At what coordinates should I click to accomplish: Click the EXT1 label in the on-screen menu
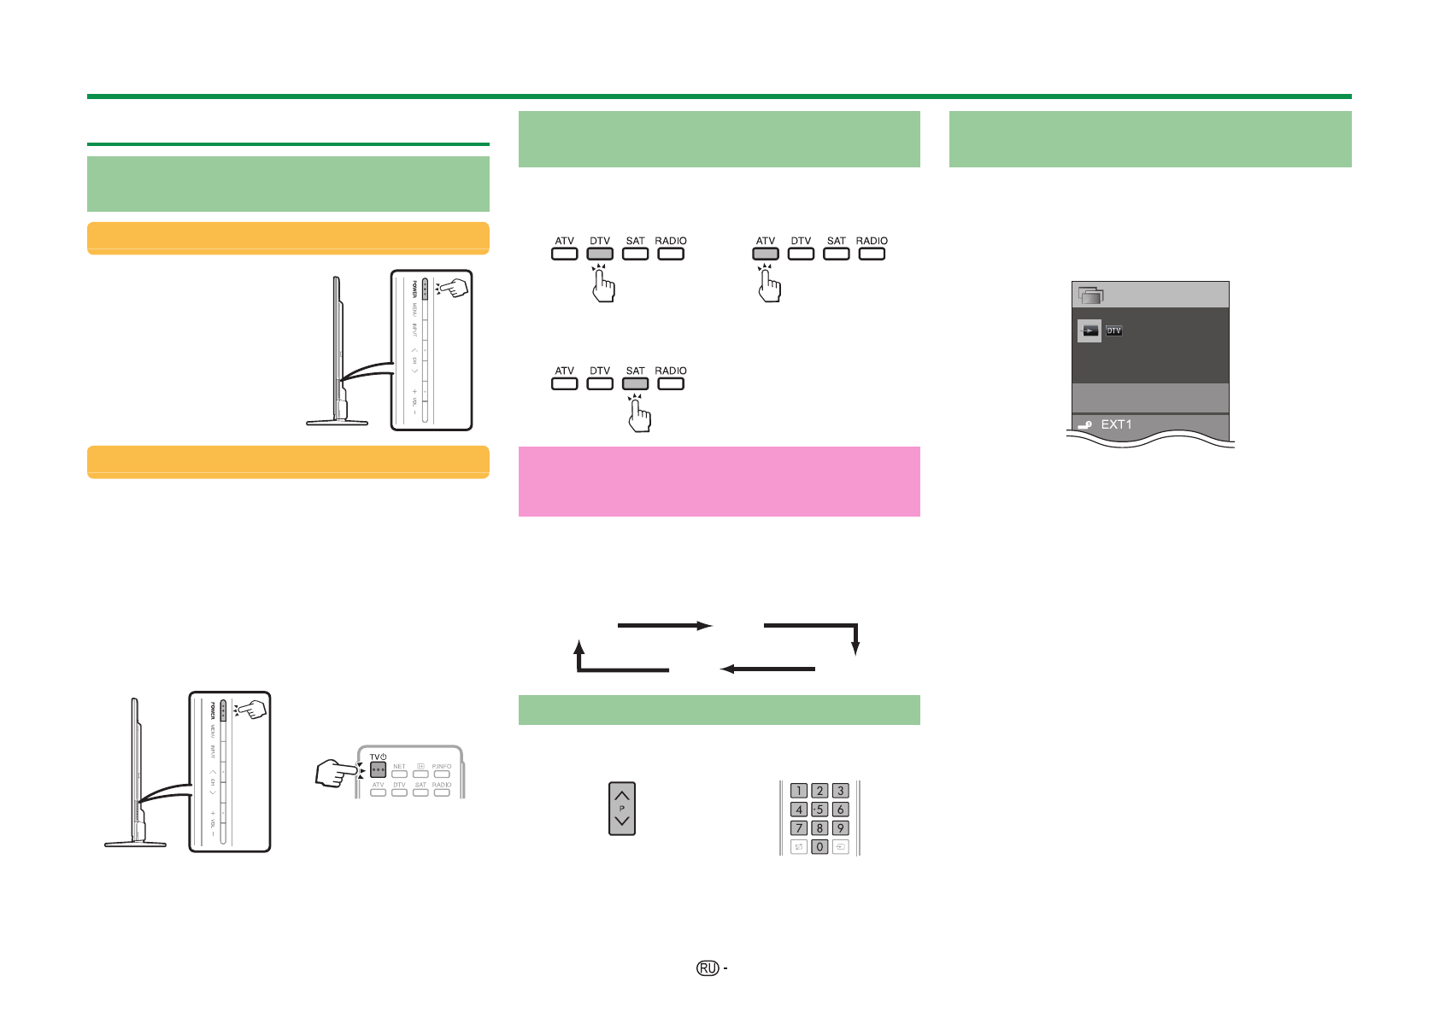1116,424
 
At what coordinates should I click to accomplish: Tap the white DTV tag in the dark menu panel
1113,330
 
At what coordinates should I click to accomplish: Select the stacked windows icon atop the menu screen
1090,295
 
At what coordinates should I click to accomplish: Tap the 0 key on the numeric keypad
819,847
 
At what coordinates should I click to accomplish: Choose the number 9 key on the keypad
840,827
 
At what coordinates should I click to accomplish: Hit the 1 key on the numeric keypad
799,791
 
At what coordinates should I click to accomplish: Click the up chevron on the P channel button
622,795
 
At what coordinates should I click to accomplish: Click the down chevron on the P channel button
622,822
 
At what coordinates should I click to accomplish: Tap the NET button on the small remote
399,774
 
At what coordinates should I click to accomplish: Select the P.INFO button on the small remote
442,774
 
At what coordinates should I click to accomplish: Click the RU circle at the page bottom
708,968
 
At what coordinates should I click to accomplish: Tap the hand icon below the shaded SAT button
639,416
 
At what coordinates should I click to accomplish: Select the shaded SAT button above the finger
635,383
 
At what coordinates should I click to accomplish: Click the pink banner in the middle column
719,482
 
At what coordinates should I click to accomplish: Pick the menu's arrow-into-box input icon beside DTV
1089,330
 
